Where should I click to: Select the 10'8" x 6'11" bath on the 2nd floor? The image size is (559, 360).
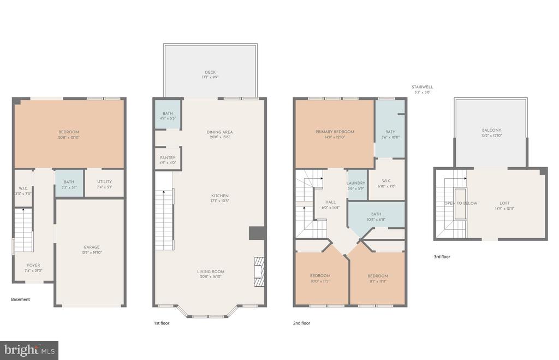(376, 216)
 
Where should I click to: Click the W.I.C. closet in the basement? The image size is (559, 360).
(23, 191)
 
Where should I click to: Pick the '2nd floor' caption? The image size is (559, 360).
(301, 323)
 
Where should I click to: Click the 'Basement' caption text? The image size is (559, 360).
(20, 299)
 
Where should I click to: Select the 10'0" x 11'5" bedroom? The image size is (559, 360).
(320, 278)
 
